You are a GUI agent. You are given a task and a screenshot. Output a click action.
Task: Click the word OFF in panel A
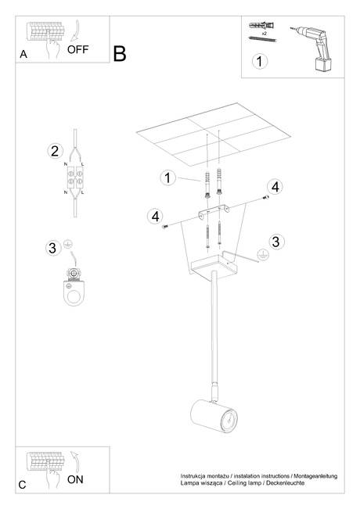[x=77, y=50]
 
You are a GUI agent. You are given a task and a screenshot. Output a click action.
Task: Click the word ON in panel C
[x=75, y=479]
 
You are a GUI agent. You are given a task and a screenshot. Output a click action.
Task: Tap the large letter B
[x=120, y=54]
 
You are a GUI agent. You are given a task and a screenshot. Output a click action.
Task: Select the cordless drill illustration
[x=312, y=48]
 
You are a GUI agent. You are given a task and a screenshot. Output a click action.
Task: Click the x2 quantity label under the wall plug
[x=265, y=34]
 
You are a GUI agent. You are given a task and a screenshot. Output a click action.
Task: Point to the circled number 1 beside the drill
[x=260, y=61]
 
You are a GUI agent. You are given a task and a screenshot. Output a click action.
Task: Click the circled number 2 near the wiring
[x=55, y=151]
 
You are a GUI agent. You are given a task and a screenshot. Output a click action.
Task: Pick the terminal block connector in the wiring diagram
[x=74, y=178]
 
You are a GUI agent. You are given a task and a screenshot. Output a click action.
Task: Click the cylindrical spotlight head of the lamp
[x=214, y=417]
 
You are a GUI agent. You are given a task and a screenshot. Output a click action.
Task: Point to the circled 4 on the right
[x=275, y=187]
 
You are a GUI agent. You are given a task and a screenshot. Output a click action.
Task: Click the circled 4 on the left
[x=155, y=217]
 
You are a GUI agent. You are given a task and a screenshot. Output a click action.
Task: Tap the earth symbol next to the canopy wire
[x=263, y=255]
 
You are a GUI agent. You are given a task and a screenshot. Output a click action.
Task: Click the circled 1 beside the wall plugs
[x=167, y=177]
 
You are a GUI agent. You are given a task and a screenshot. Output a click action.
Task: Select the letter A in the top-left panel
[x=23, y=54]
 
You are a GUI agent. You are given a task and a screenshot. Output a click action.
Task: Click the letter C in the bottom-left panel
[x=23, y=485]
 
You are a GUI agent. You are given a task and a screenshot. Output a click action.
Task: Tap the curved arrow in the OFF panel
[x=77, y=32]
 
